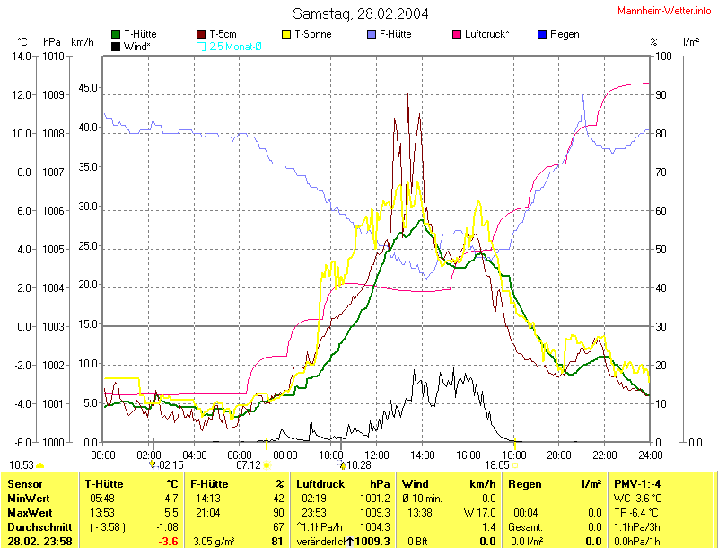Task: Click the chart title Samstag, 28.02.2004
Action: pyautogui.click(x=360, y=13)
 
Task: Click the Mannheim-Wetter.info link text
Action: pyautogui.click(x=665, y=10)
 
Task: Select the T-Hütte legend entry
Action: pyautogui.click(x=140, y=34)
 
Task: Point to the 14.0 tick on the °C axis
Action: pyautogui.click(x=20, y=56)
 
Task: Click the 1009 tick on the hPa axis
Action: pyautogui.click(x=53, y=94)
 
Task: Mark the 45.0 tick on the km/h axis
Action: pyautogui.click(x=88, y=88)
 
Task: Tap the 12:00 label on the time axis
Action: pyautogui.click(x=376, y=454)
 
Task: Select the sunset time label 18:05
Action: pyautogui.click(x=497, y=464)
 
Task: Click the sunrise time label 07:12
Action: pyautogui.click(x=249, y=464)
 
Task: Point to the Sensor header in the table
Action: pyautogui.click(x=24, y=484)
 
